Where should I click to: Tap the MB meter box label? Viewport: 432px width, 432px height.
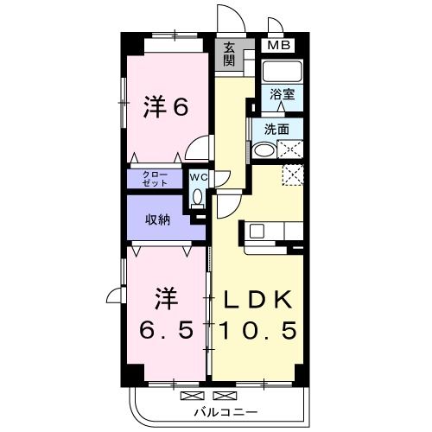pos(277,46)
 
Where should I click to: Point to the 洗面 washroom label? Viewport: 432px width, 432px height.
pos(276,130)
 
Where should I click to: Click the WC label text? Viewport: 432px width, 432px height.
pos(197,176)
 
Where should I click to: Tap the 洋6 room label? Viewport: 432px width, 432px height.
pos(165,108)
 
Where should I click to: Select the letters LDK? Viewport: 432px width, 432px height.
pos(258,298)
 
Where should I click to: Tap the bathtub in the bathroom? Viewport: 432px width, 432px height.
pos(281,72)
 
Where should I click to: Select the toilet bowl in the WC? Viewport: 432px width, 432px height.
pos(198,198)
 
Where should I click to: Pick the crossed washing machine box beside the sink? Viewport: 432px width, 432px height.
pos(291,149)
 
